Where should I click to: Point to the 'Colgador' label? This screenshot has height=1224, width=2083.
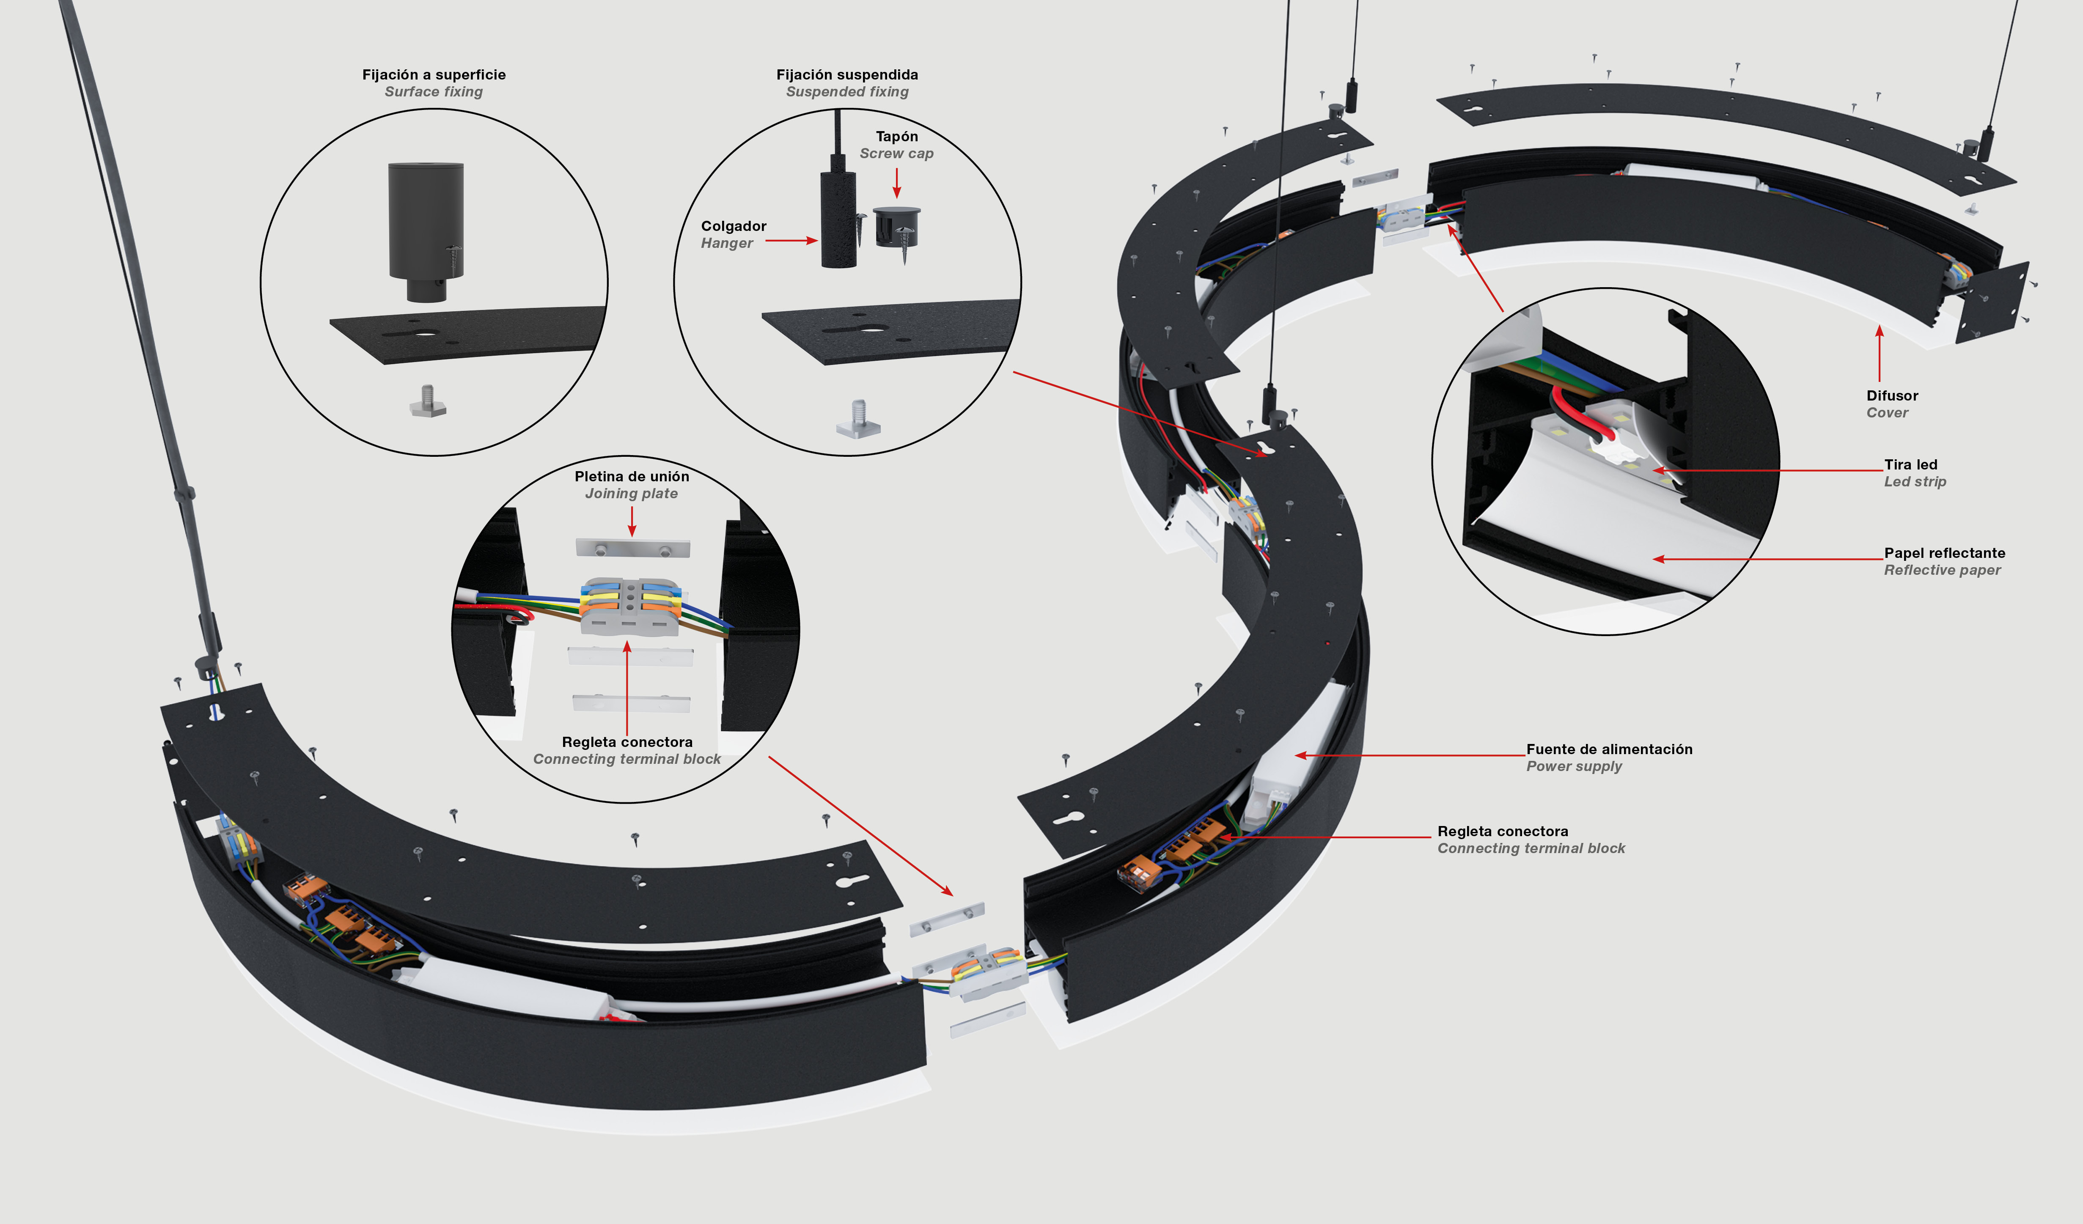tap(733, 225)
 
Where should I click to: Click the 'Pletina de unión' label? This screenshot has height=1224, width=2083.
tap(632, 476)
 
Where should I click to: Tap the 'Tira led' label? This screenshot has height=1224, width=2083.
tap(1910, 464)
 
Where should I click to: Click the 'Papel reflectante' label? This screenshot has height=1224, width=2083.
tap(1944, 553)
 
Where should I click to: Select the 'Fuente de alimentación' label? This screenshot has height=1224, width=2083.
tap(1608, 749)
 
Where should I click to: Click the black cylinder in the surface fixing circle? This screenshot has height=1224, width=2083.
tap(426, 223)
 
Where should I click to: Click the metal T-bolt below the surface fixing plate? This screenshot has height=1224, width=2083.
tap(428, 403)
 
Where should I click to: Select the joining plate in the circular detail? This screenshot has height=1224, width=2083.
tap(632, 548)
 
